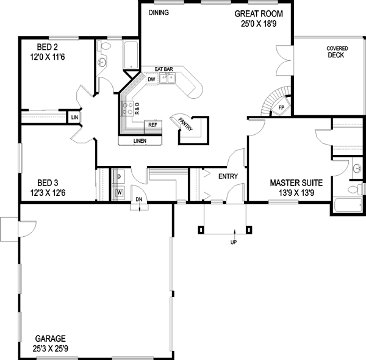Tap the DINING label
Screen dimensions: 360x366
pyautogui.click(x=159, y=13)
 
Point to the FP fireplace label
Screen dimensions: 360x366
pyautogui.click(x=281, y=108)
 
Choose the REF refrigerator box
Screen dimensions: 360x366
pyautogui.click(x=152, y=126)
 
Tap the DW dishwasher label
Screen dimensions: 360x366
pyautogui.click(x=151, y=79)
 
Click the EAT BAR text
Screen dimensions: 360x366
pyautogui.click(x=165, y=69)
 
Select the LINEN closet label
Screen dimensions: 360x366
pyautogui.click(x=140, y=142)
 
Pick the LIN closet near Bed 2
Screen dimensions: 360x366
pyautogui.click(x=74, y=117)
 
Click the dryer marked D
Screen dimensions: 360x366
pyautogui.click(x=119, y=176)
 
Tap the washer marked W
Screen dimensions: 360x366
pyautogui.click(x=119, y=192)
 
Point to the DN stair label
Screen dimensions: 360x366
pyautogui.click(x=138, y=200)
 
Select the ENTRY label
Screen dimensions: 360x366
pyautogui.click(x=228, y=177)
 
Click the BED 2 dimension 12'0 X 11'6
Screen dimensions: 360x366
pyautogui.click(x=45, y=57)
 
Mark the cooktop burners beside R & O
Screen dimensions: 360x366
pyautogui.click(x=129, y=109)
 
